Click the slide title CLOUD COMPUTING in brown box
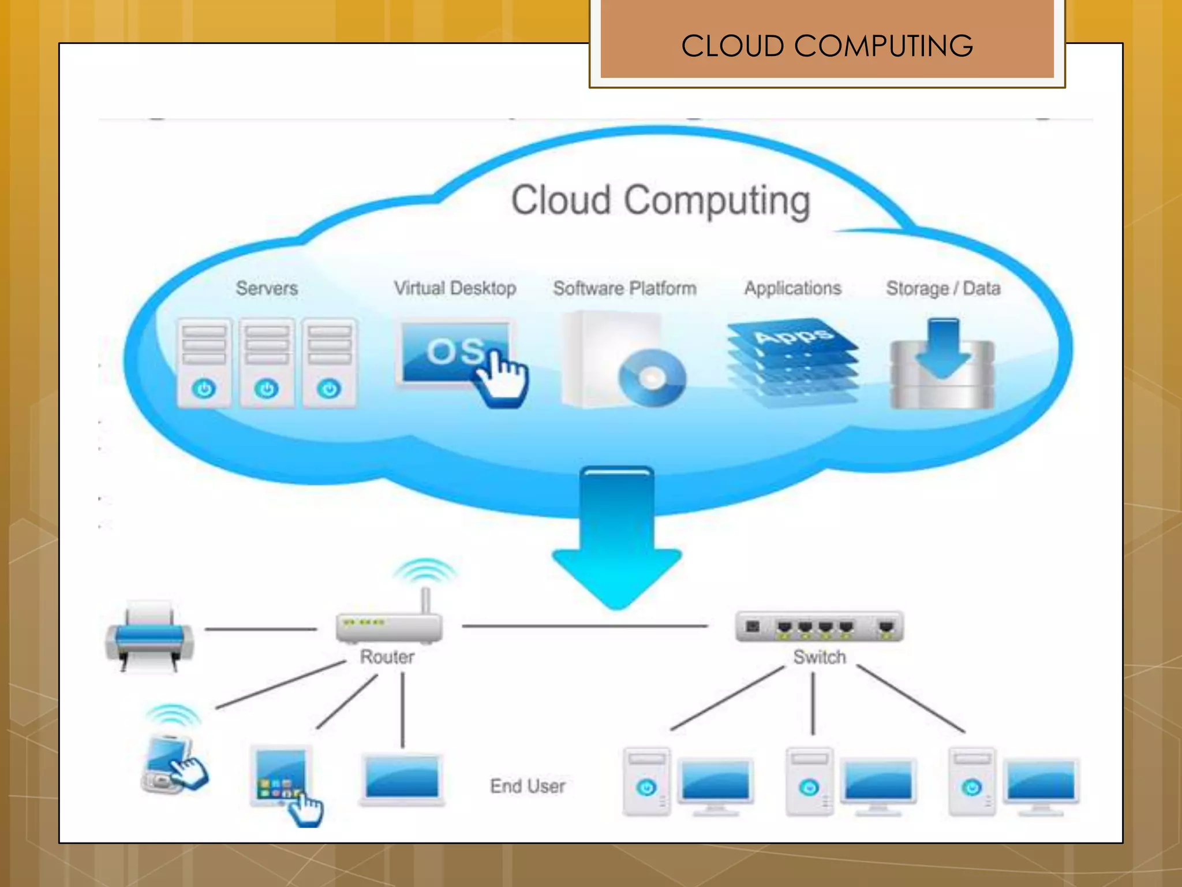coord(826,46)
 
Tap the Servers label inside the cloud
coord(267,288)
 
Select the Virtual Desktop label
coord(455,288)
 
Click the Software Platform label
coord(624,288)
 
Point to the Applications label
coord(792,288)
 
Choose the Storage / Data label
coord(943,288)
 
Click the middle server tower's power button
coord(267,388)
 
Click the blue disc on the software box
coord(652,378)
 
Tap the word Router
coord(387,657)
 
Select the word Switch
coord(819,657)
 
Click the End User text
coord(528,786)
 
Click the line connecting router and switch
coord(584,626)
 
